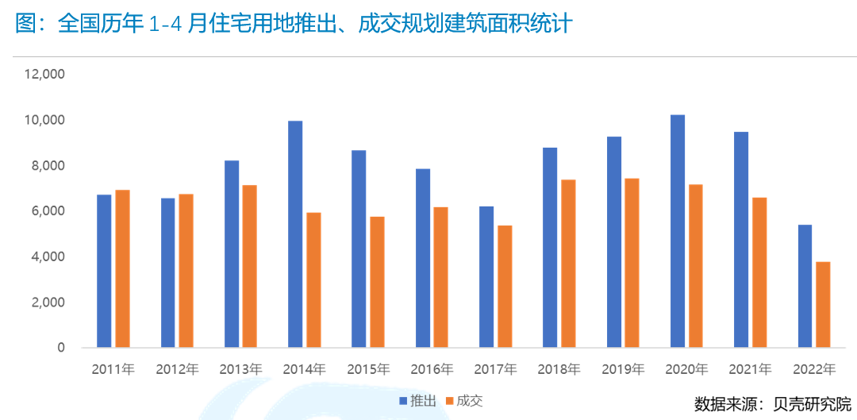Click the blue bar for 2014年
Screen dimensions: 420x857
click(x=295, y=234)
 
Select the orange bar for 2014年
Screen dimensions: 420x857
click(x=313, y=279)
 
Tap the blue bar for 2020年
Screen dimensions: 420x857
click(x=678, y=231)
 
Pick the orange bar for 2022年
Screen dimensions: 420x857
click(x=824, y=304)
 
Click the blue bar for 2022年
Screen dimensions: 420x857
click(x=805, y=286)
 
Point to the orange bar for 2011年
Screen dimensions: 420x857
click(x=122, y=268)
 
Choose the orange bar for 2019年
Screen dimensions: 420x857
click(x=632, y=263)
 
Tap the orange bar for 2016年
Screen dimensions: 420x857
click(x=440, y=277)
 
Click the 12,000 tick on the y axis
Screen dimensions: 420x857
click(x=44, y=75)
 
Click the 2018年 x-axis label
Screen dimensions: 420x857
click(x=559, y=369)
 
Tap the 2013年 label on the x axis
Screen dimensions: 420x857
click(x=240, y=369)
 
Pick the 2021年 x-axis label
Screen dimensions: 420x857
click(x=750, y=369)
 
